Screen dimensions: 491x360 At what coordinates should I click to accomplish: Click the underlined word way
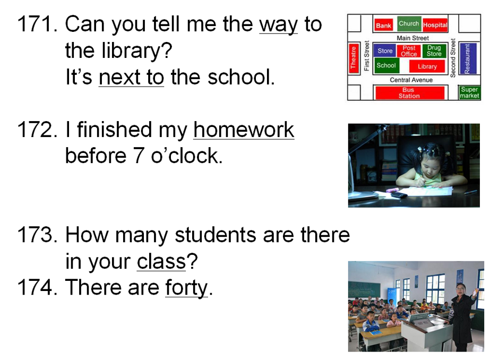pyautogui.click(x=278, y=24)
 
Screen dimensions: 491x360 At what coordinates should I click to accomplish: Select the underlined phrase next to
pyautogui.click(x=131, y=77)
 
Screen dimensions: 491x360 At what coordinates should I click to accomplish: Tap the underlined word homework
pyautogui.click(x=244, y=130)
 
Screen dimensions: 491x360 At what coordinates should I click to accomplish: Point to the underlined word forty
pyautogui.click(x=186, y=288)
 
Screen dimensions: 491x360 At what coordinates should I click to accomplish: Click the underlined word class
pyautogui.click(x=161, y=261)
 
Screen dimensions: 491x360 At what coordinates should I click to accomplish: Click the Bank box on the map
pyautogui.click(x=384, y=25)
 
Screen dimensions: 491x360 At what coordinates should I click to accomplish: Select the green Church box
pyautogui.click(x=409, y=23)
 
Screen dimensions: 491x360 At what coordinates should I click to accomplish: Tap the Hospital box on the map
pyautogui.click(x=435, y=25)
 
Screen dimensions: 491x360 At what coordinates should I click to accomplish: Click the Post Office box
pyautogui.click(x=409, y=51)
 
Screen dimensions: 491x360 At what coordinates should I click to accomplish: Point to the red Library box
pyautogui.click(x=427, y=66)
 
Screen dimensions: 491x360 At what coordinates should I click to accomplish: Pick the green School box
pyautogui.click(x=386, y=65)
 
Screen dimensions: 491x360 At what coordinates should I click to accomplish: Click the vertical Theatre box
pyautogui.click(x=354, y=58)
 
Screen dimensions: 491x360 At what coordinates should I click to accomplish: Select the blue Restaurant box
pyautogui.click(x=468, y=58)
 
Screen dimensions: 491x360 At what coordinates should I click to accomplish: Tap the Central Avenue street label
pyautogui.click(x=411, y=80)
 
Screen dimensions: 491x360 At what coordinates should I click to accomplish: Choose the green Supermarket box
pyautogui.click(x=469, y=93)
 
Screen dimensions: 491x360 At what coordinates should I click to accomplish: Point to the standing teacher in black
pyautogui.click(x=462, y=317)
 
